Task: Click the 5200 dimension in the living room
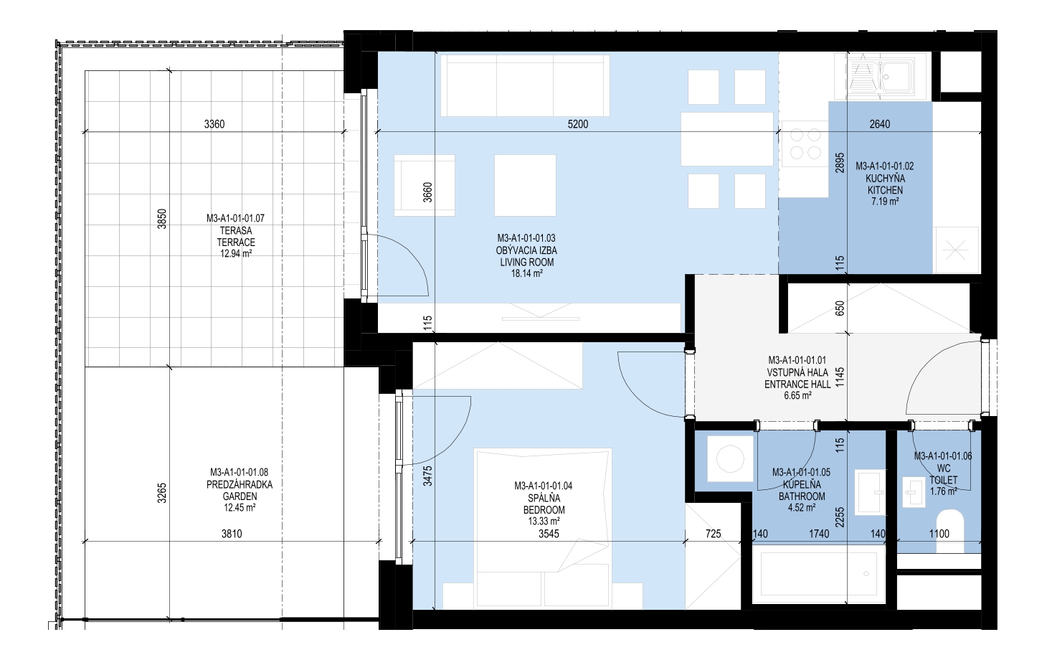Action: [578, 124]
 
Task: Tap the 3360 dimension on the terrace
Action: [214, 124]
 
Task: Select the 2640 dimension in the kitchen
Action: [880, 124]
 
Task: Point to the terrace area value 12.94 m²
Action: [236, 254]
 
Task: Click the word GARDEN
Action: [240, 496]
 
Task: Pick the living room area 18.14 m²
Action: [527, 274]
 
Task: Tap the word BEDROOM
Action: [544, 510]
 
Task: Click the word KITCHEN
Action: [885, 190]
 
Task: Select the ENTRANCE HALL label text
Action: [798, 385]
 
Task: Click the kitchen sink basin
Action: [895, 76]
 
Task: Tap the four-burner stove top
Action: [805, 143]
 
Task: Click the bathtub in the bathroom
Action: [819, 575]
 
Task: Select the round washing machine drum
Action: [729, 459]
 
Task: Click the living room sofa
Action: [525, 85]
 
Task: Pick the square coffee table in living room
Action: [526, 186]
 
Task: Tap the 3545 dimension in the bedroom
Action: [549, 534]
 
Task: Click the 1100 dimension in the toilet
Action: [939, 534]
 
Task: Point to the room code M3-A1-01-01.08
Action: [240, 473]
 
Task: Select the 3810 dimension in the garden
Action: [232, 534]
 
